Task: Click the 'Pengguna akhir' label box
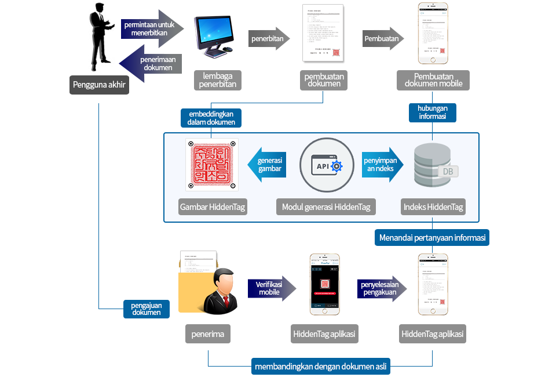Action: tap(99, 85)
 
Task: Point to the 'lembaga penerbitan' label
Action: tap(217, 81)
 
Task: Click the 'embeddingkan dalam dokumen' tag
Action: tap(211, 118)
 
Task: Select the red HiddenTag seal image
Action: tap(211, 165)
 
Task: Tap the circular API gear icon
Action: tap(327, 165)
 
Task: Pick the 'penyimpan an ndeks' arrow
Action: tap(382, 165)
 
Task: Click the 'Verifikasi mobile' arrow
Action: tap(272, 288)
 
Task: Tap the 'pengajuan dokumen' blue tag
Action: tap(147, 309)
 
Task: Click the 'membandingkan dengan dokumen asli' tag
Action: tap(321, 367)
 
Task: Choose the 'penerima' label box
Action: tap(208, 334)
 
